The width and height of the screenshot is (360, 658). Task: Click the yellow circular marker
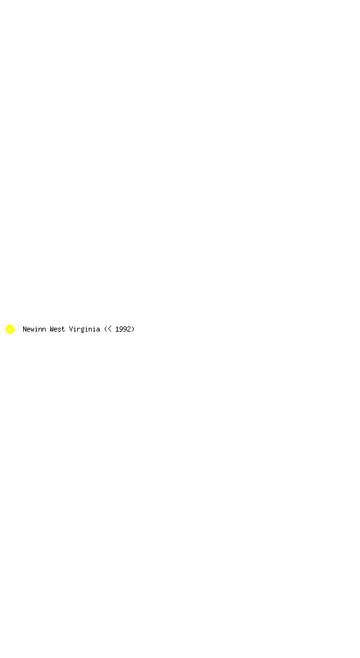click(x=10, y=329)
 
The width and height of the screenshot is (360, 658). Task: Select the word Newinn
click(x=35, y=329)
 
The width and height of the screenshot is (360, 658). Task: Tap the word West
click(x=57, y=329)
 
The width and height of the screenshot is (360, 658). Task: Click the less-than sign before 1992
click(x=109, y=329)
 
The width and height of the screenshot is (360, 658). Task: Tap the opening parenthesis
click(x=105, y=329)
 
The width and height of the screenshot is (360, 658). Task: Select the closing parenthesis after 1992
click(x=133, y=329)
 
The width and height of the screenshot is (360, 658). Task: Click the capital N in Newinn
click(x=25, y=329)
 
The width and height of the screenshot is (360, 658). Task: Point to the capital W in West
click(x=51, y=329)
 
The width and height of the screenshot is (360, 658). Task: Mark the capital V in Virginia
click(x=71, y=329)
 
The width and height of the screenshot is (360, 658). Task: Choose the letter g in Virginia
click(x=83, y=330)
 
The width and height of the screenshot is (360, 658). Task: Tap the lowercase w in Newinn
click(x=32, y=330)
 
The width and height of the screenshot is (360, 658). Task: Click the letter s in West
click(x=60, y=330)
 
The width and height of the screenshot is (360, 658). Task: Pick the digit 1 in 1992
click(x=117, y=329)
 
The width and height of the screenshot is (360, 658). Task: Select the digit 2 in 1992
click(x=129, y=329)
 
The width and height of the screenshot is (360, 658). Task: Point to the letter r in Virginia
click(x=79, y=330)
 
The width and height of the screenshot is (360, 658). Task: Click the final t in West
click(x=64, y=329)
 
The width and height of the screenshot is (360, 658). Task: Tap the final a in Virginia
click(x=98, y=330)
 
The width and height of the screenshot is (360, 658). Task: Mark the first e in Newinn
click(x=28, y=330)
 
